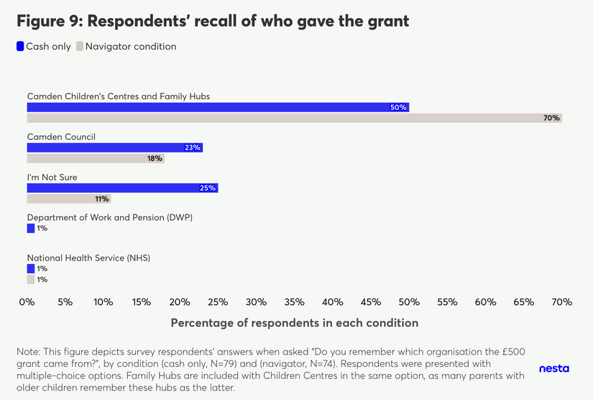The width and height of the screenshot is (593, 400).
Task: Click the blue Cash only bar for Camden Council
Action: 115,147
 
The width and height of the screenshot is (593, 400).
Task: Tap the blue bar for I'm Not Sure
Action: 122,188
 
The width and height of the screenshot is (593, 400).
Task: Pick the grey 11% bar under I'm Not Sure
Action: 69,199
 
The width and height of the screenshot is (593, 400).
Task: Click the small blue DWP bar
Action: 31,228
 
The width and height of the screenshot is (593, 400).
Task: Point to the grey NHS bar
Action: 31,280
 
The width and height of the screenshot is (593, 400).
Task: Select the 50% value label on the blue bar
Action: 398,107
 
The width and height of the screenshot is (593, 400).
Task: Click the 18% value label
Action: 155,159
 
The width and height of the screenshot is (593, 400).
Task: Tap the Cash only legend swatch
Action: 20,47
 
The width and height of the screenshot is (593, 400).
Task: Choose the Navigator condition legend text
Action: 131,47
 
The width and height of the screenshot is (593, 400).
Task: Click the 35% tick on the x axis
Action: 256,302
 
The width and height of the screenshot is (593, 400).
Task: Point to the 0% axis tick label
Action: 27,302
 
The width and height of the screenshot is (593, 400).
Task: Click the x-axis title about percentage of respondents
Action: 294,323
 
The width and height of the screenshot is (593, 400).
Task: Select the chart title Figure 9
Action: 213,21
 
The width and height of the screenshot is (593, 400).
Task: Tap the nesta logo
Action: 553,368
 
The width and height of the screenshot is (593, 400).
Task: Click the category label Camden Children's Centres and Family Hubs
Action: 119,96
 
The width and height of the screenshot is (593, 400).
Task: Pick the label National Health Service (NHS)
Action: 88,258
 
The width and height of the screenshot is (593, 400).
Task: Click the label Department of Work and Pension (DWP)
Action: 110,217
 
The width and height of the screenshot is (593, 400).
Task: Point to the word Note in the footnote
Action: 27,352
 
